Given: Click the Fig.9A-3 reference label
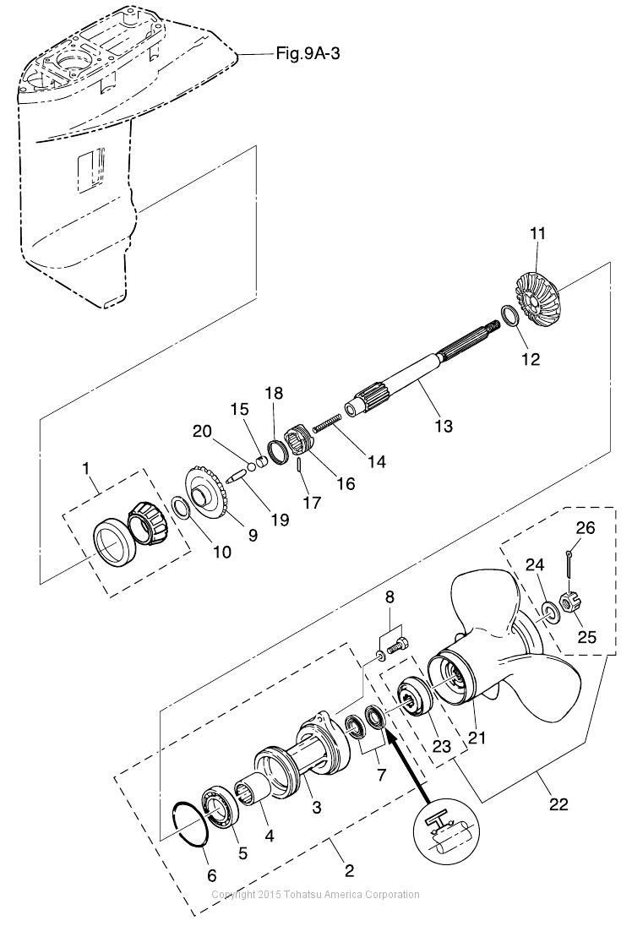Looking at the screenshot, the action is click(x=308, y=54).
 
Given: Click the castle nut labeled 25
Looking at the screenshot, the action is click(x=571, y=603).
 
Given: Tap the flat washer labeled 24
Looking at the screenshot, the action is click(x=552, y=613).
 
